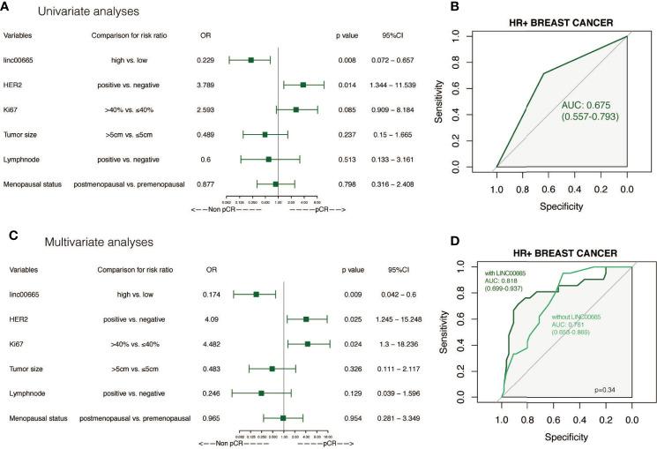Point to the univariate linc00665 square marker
pyautogui.click(x=251, y=60)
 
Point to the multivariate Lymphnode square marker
pyautogui.click(x=261, y=393)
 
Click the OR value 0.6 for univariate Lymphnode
pyautogui.click(x=203, y=159)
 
